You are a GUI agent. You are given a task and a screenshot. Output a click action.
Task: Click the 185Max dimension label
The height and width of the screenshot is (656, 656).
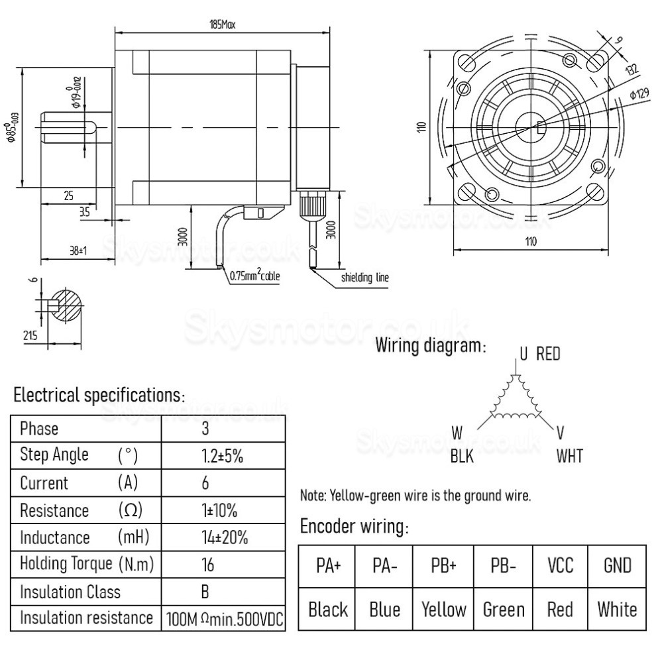(x=221, y=25)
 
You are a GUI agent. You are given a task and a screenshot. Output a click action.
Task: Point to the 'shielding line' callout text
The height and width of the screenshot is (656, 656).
(x=364, y=278)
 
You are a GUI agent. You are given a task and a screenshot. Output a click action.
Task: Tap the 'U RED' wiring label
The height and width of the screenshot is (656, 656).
(x=539, y=353)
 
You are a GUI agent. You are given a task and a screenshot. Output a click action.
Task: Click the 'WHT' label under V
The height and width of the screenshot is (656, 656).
(x=569, y=457)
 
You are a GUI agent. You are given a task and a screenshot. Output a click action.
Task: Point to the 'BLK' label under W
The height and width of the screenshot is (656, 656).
(x=461, y=457)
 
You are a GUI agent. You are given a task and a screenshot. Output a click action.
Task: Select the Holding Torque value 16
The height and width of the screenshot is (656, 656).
(x=205, y=564)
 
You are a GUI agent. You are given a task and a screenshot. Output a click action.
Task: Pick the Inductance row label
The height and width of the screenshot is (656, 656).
(x=54, y=537)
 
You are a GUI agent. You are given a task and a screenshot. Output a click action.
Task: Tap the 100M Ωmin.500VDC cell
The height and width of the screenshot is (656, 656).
(x=224, y=619)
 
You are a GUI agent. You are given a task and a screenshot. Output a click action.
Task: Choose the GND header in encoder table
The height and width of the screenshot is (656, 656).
(x=617, y=565)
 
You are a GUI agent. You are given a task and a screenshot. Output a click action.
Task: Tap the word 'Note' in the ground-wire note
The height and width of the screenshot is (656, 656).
(x=311, y=495)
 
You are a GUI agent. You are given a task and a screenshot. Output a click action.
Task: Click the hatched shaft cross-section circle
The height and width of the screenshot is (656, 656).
(x=65, y=306)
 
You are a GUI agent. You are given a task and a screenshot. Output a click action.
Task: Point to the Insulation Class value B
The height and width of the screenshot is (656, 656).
(x=205, y=591)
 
